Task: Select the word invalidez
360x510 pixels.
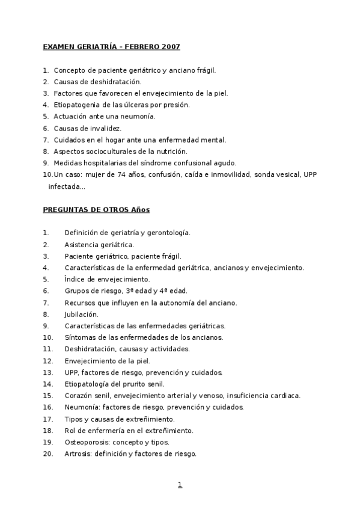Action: click(106, 128)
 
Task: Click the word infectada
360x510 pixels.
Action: click(64, 186)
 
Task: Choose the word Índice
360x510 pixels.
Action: click(73, 279)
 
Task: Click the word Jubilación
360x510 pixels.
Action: click(81, 314)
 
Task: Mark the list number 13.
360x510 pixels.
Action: click(47, 372)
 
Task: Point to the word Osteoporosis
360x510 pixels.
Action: click(85, 442)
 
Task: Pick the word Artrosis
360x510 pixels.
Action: click(76, 453)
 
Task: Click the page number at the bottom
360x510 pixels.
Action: click(179, 485)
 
